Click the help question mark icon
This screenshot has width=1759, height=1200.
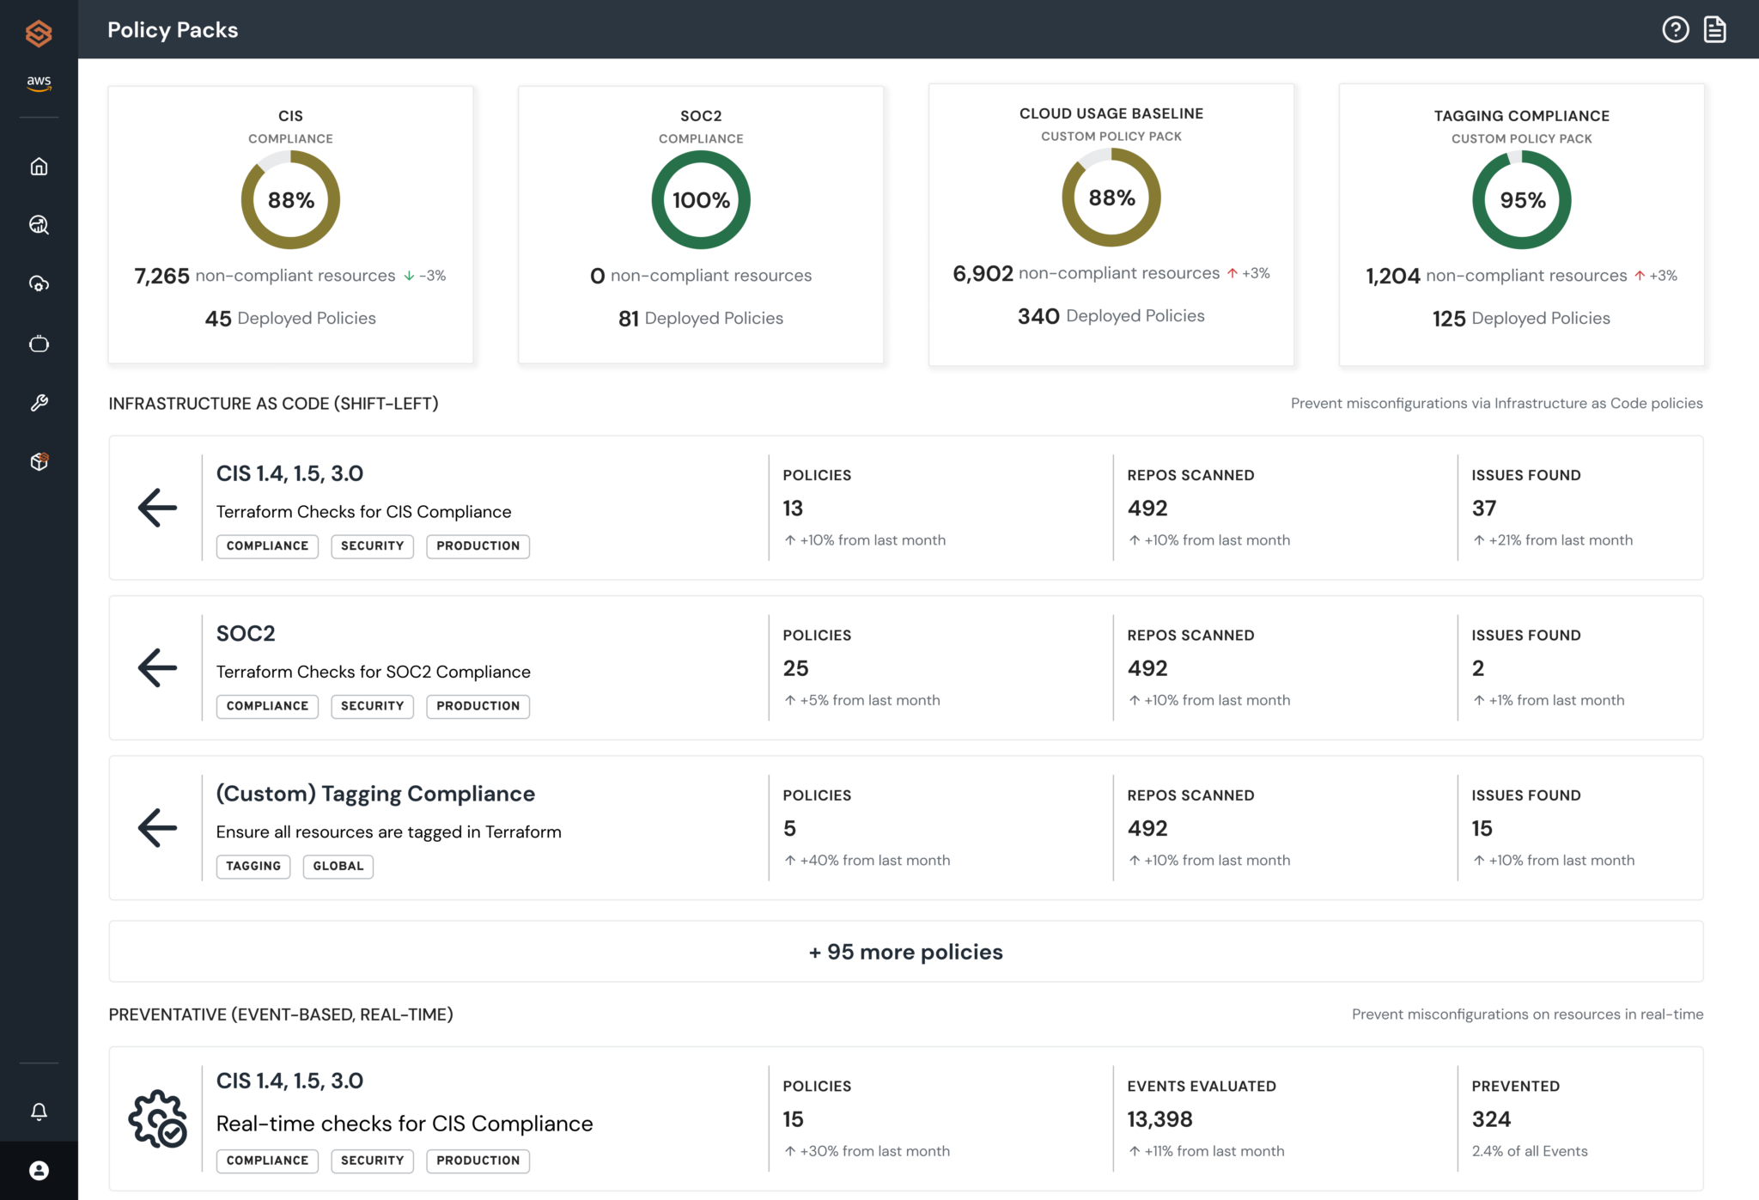pos(1675,30)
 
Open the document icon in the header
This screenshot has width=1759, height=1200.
pos(1715,30)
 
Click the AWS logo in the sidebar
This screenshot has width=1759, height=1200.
pos(39,82)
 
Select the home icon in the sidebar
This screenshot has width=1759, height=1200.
pos(39,167)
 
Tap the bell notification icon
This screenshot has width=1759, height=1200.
pos(39,1112)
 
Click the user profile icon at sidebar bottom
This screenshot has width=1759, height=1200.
pos(39,1170)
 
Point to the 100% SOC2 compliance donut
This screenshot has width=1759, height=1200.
pos(701,200)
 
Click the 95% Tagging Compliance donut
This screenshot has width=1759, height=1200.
pos(1521,200)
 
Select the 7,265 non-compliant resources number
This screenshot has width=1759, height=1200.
pos(161,276)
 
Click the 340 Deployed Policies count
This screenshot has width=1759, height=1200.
pos(1038,316)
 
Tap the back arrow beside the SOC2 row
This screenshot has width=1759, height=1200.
pos(157,667)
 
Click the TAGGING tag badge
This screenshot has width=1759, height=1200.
pos(253,866)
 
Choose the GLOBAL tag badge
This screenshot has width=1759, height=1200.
pos(338,866)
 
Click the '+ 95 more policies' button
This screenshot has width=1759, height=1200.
pos(905,952)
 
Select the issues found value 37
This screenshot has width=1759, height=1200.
pos(1483,509)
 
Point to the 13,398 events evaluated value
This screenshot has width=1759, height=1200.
pos(1159,1119)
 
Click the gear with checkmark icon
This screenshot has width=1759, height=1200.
pos(157,1118)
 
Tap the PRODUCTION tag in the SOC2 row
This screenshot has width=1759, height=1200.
pos(478,706)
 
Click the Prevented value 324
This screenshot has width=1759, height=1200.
pos(1491,1119)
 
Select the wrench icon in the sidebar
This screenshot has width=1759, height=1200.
pos(39,403)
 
